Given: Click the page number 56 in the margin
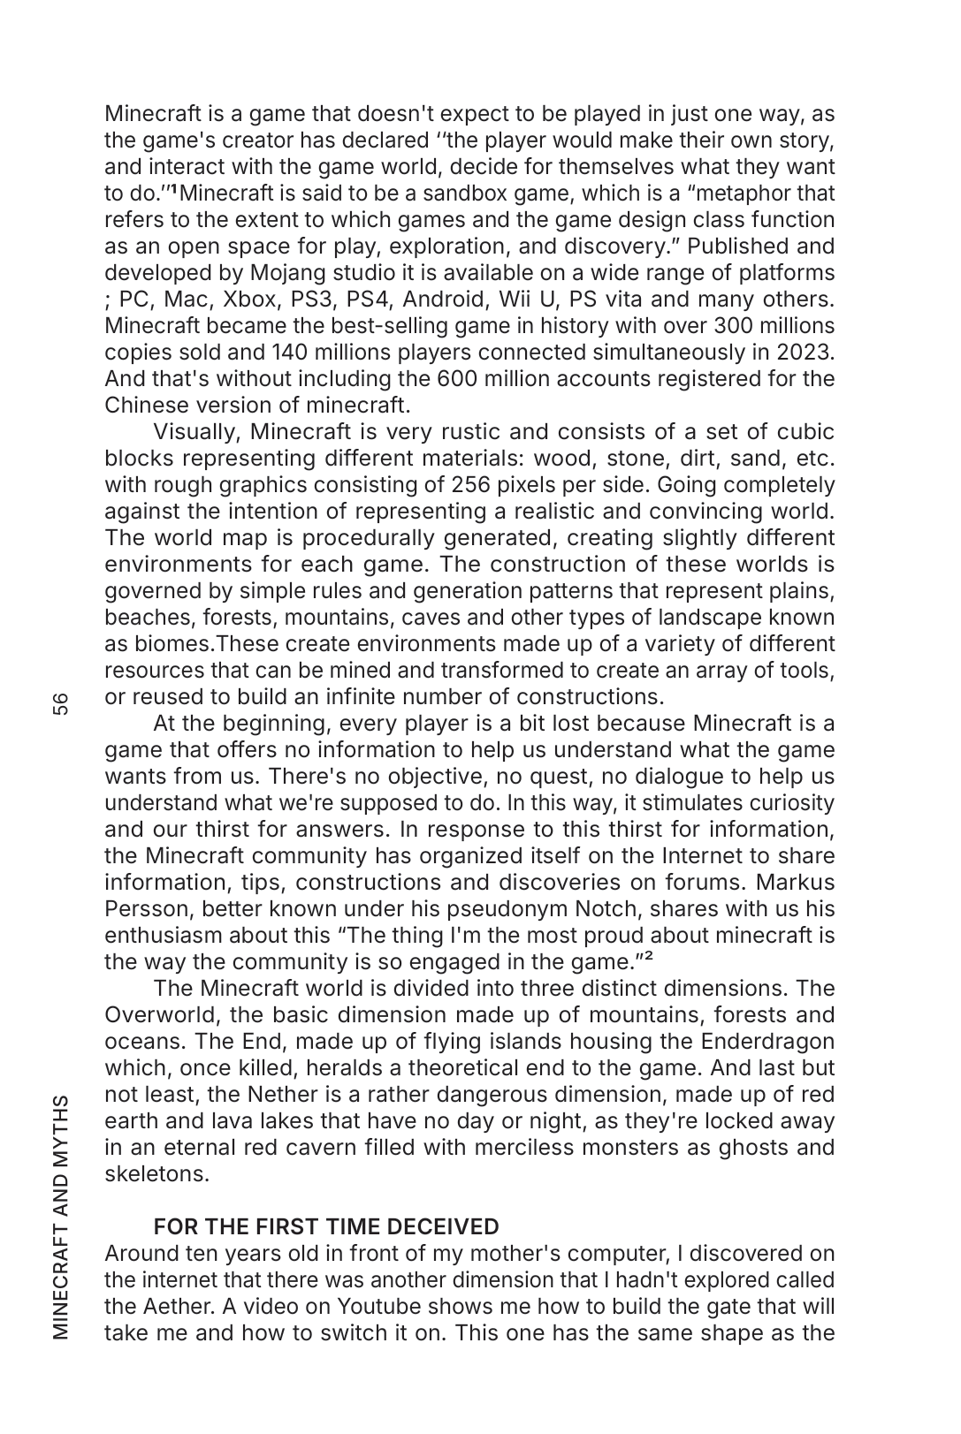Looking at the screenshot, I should pos(59,704).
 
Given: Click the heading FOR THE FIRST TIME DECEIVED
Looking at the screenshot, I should pos(326,1226).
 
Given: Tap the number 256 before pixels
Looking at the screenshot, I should pos(471,484).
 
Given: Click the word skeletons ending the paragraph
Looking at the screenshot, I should pos(156,1173).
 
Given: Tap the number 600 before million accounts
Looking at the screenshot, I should pos(459,378).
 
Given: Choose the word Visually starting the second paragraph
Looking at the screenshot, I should pos(197,431).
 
